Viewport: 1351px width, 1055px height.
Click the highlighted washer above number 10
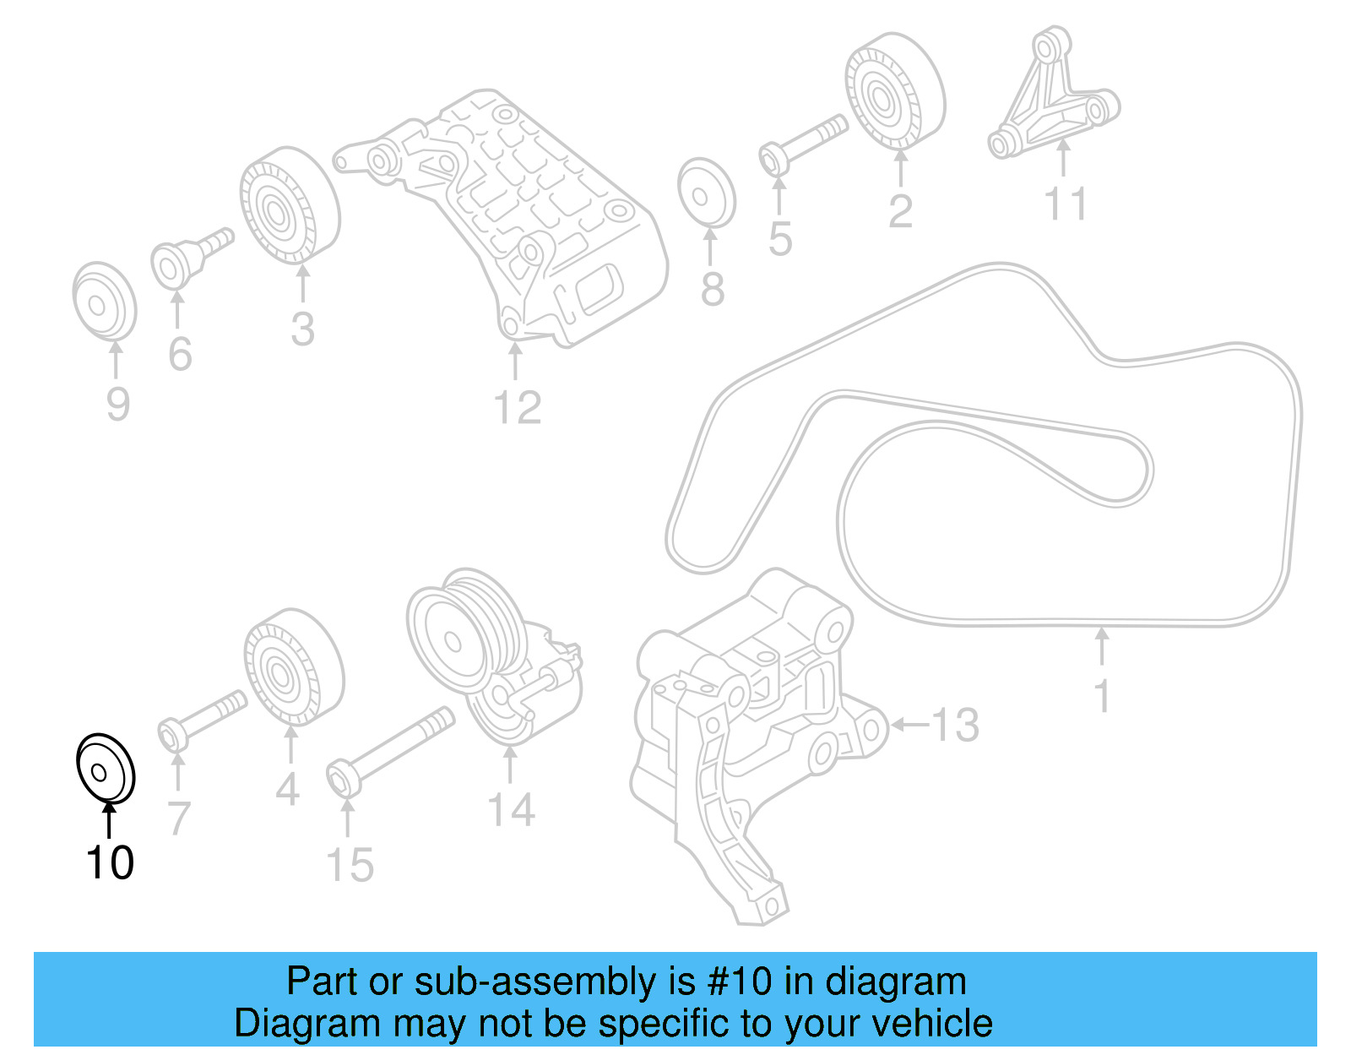click(105, 767)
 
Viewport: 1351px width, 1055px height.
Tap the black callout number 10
click(110, 862)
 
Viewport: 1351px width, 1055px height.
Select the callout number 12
click(517, 408)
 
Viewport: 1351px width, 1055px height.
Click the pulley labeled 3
click(289, 207)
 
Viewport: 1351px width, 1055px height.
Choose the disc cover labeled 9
click(103, 299)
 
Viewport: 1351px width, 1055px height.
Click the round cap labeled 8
click(707, 193)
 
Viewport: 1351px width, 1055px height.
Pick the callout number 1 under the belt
click(1101, 696)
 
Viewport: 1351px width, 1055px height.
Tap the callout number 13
click(956, 725)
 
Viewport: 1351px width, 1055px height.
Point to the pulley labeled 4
click(293, 666)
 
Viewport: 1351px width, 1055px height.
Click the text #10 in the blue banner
click(739, 982)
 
